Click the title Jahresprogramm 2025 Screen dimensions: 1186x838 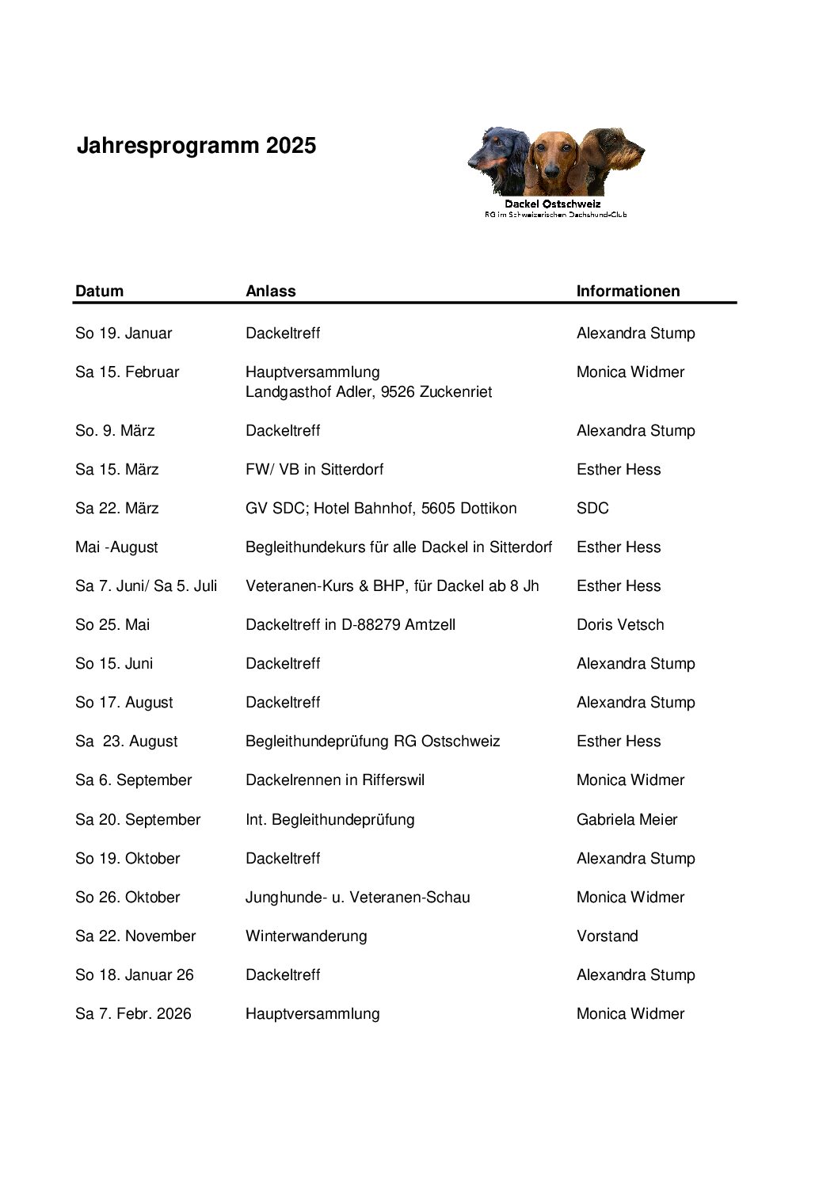tap(196, 146)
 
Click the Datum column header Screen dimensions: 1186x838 tap(99, 291)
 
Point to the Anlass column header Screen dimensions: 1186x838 tap(270, 291)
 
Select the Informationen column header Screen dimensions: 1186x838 tap(627, 291)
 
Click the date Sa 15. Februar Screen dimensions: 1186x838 tap(127, 372)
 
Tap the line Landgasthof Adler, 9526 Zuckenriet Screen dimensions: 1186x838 tap(368, 391)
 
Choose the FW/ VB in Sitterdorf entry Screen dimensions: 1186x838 tap(314, 469)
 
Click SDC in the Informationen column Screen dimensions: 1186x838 tap(592, 508)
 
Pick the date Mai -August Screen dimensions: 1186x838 tap(116, 547)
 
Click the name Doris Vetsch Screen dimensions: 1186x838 tap(620, 624)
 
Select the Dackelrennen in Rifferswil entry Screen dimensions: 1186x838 tap(335, 780)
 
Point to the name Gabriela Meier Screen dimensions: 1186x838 tap(627, 819)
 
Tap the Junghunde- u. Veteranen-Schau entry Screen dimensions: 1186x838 tap(357, 897)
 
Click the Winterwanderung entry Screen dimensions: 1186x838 tap(306, 936)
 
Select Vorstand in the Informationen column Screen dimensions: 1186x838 tap(607, 936)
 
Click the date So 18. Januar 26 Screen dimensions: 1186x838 tap(134, 974)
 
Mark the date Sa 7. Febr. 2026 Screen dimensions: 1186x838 tap(133, 1013)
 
